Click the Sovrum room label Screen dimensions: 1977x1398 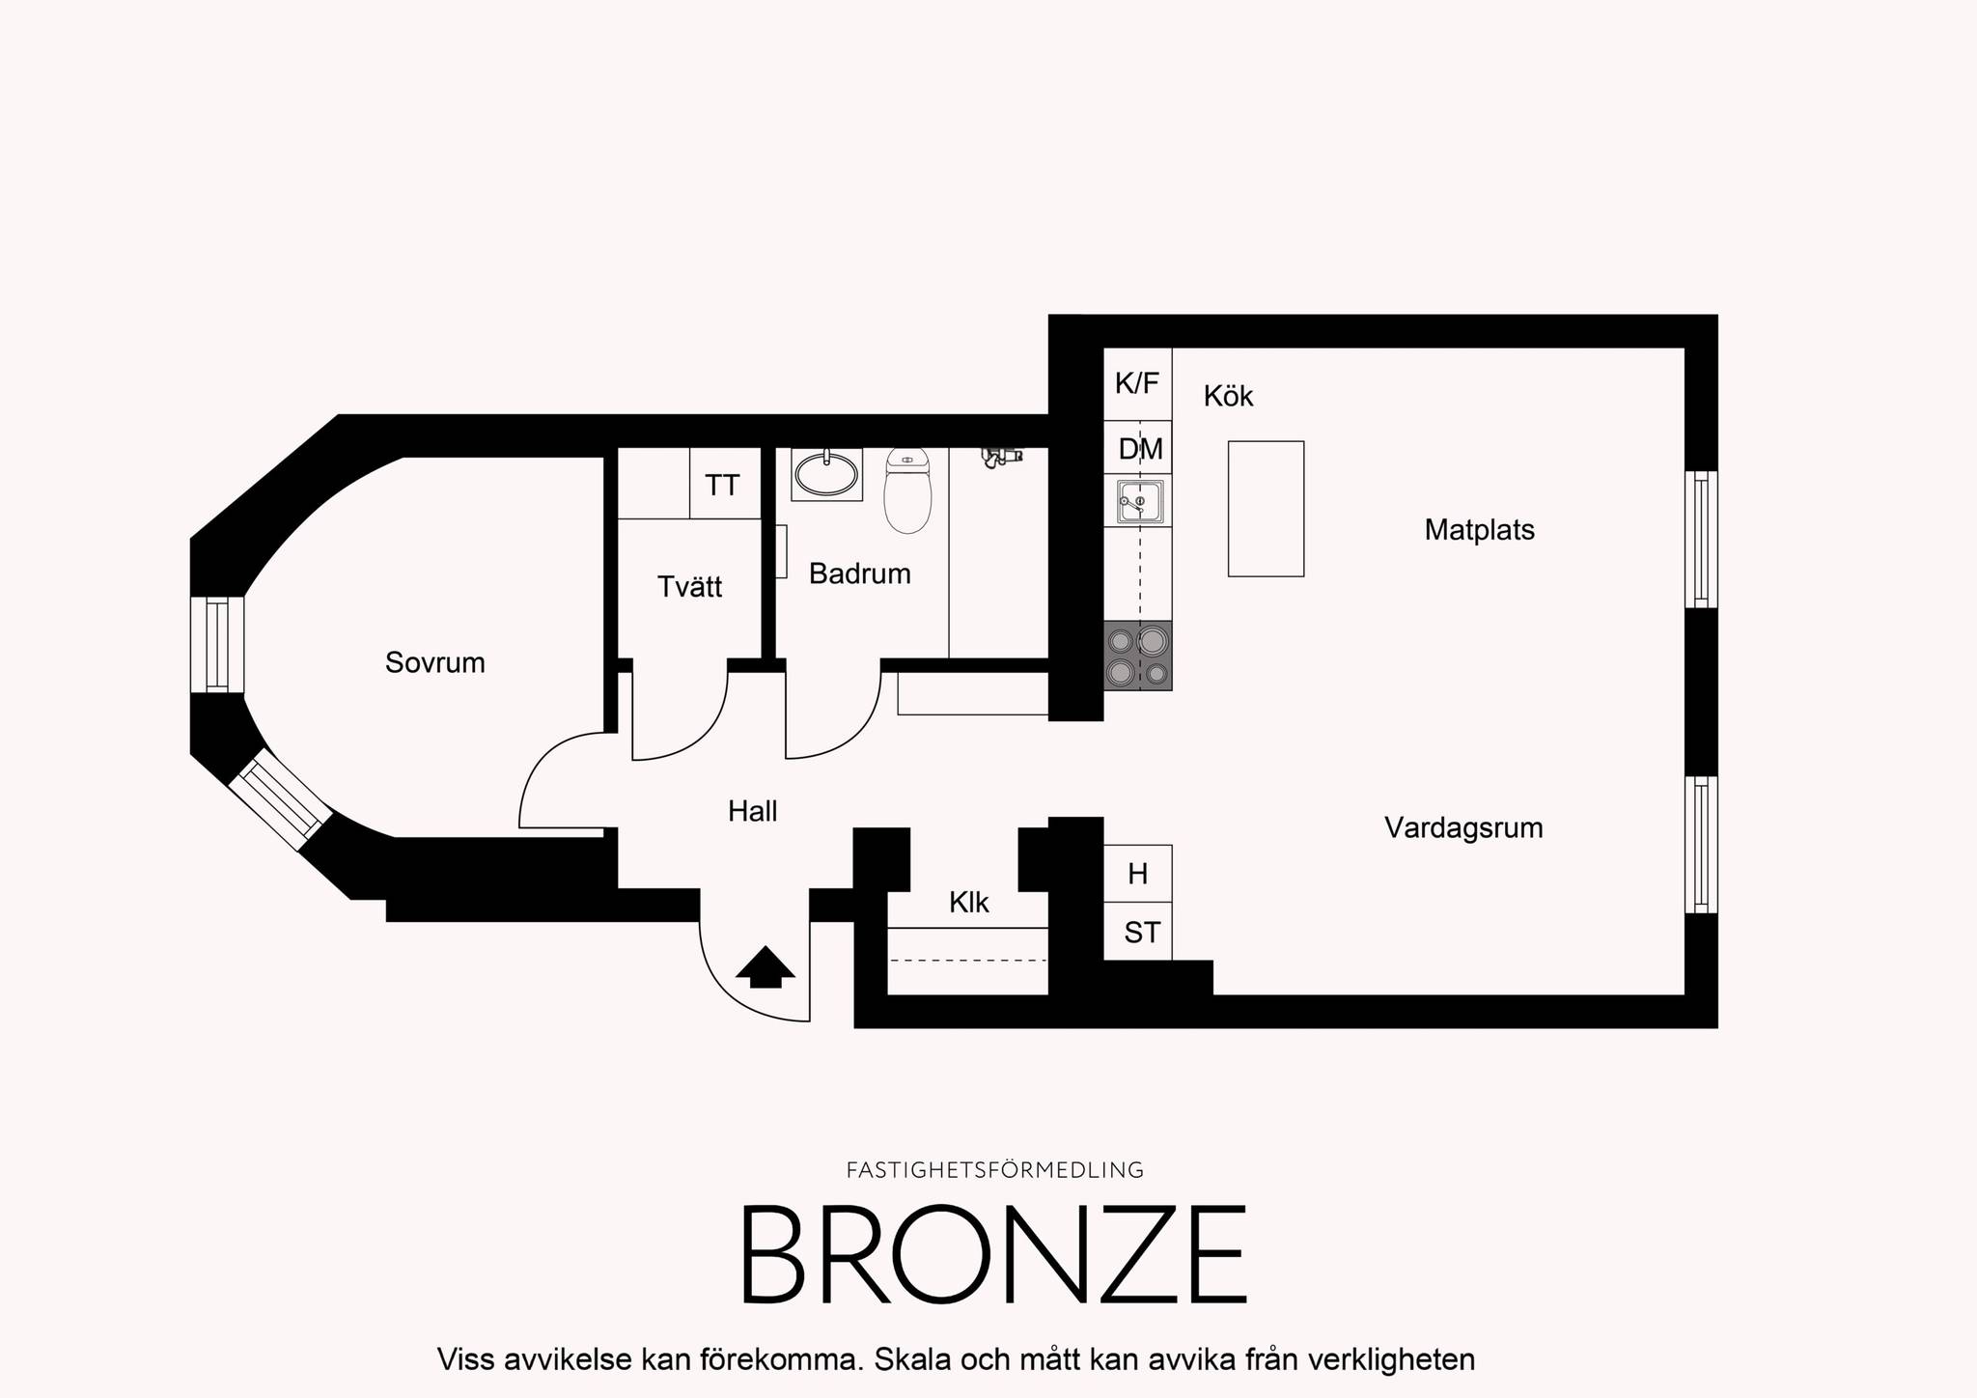pyautogui.click(x=434, y=662)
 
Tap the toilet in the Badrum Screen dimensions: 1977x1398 pyautogui.click(x=907, y=490)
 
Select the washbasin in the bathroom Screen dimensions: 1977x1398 pyautogui.click(x=826, y=474)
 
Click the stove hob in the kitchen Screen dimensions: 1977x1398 pyautogui.click(x=1138, y=656)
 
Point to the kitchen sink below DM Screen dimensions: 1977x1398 pyautogui.click(x=1140, y=502)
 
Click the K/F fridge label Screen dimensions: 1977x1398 pyautogui.click(x=1136, y=384)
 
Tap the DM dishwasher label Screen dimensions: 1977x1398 pyautogui.click(x=1140, y=449)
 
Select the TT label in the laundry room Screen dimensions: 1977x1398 pyautogui.click(x=722, y=485)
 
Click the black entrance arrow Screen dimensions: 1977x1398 pyautogui.click(x=766, y=966)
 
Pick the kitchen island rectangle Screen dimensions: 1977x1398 pyautogui.click(x=1266, y=509)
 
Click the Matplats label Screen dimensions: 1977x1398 pyautogui.click(x=1479, y=530)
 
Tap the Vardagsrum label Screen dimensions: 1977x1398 pyautogui.click(x=1463, y=828)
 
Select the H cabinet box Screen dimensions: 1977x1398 pyautogui.click(x=1138, y=874)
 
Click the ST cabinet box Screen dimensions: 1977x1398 pyautogui.click(x=1138, y=932)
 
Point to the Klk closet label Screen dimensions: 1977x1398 pyautogui.click(x=969, y=903)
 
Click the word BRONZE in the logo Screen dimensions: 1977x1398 pyautogui.click(x=993, y=1254)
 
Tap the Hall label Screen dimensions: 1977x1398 pyautogui.click(x=753, y=812)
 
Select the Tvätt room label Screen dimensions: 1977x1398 pyautogui.click(x=689, y=587)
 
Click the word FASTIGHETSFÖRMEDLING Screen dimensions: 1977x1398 pyautogui.click(x=995, y=1170)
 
